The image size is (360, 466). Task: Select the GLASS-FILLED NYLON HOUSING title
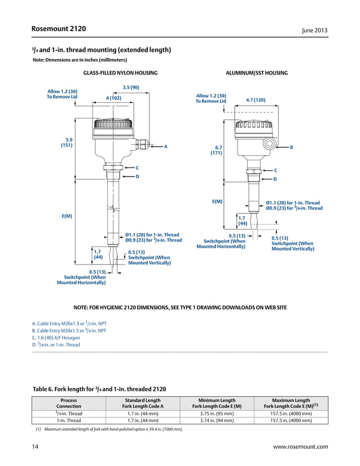pos(120,73)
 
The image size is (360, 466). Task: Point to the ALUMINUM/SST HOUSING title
pos(257,73)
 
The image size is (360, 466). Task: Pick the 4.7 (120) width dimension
pos(256,100)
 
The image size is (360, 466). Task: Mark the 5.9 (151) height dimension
pos(69,142)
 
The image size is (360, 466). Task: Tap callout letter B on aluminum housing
pos(291,147)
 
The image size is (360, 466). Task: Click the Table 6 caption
pos(99,389)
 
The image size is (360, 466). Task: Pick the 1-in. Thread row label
pos(69,420)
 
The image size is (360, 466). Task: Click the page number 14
pos(35,447)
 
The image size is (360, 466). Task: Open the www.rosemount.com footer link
pos(300,447)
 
